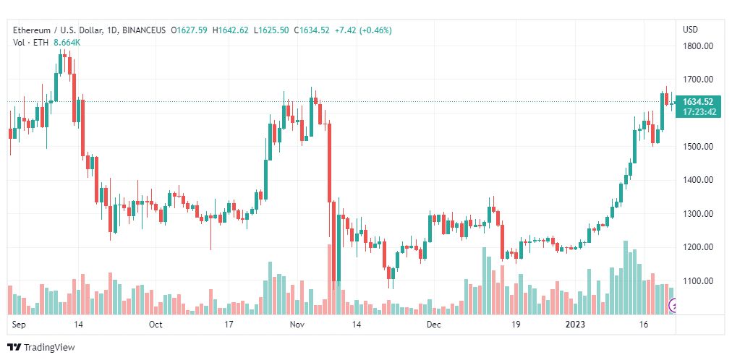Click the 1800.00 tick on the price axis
click(698, 46)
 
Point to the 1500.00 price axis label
click(698, 147)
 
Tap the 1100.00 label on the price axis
click(698, 280)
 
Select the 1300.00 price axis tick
click(698, 213)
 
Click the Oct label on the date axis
click(156, 325)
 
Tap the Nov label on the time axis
click(297, 325)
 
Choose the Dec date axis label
click(434, 325)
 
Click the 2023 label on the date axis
click(575, 325)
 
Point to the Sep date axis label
click(18, 325)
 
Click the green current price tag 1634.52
click(697, 102)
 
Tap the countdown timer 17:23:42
click(699, 112)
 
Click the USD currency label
click(691, 30)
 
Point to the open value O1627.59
click(189, 30)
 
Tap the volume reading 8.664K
click(68, 43)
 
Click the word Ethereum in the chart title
click(32, 30)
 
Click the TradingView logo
click(41, 348)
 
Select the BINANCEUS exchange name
click(147, 30)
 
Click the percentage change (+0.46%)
click(376, 30)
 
